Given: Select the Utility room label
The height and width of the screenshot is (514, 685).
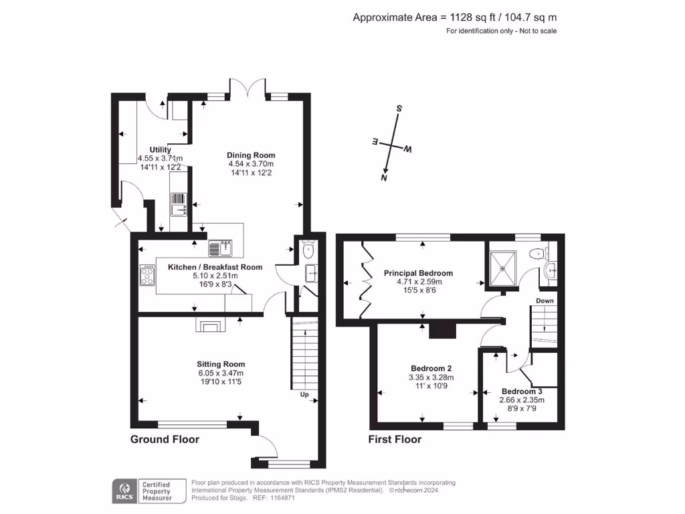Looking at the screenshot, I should tap(160, 149).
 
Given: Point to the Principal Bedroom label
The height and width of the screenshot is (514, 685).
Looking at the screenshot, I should tap(418, 273).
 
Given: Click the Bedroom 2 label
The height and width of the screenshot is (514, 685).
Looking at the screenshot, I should tap(431, 368).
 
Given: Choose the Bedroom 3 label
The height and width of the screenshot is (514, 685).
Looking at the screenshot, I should tap(521, 392).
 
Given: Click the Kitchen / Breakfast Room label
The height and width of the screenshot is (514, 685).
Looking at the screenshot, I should tap(215, 267).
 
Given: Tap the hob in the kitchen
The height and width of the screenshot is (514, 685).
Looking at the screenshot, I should tap(147, 275).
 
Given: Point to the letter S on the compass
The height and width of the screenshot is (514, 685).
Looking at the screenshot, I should tap(399, 108).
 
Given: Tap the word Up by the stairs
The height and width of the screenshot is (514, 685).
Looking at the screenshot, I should tap(304, 395).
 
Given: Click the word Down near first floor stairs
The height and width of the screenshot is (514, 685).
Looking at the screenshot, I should tap(545, 301).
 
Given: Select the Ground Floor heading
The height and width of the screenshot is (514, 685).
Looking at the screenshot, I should tap(165, 440).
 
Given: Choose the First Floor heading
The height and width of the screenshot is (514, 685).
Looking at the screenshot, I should tap(395, 440).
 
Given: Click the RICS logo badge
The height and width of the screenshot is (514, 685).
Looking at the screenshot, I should tap(123, 491).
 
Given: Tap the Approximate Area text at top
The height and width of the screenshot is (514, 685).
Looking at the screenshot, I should tap(455, 17).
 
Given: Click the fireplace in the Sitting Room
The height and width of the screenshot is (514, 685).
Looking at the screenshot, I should tap(210, 325).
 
